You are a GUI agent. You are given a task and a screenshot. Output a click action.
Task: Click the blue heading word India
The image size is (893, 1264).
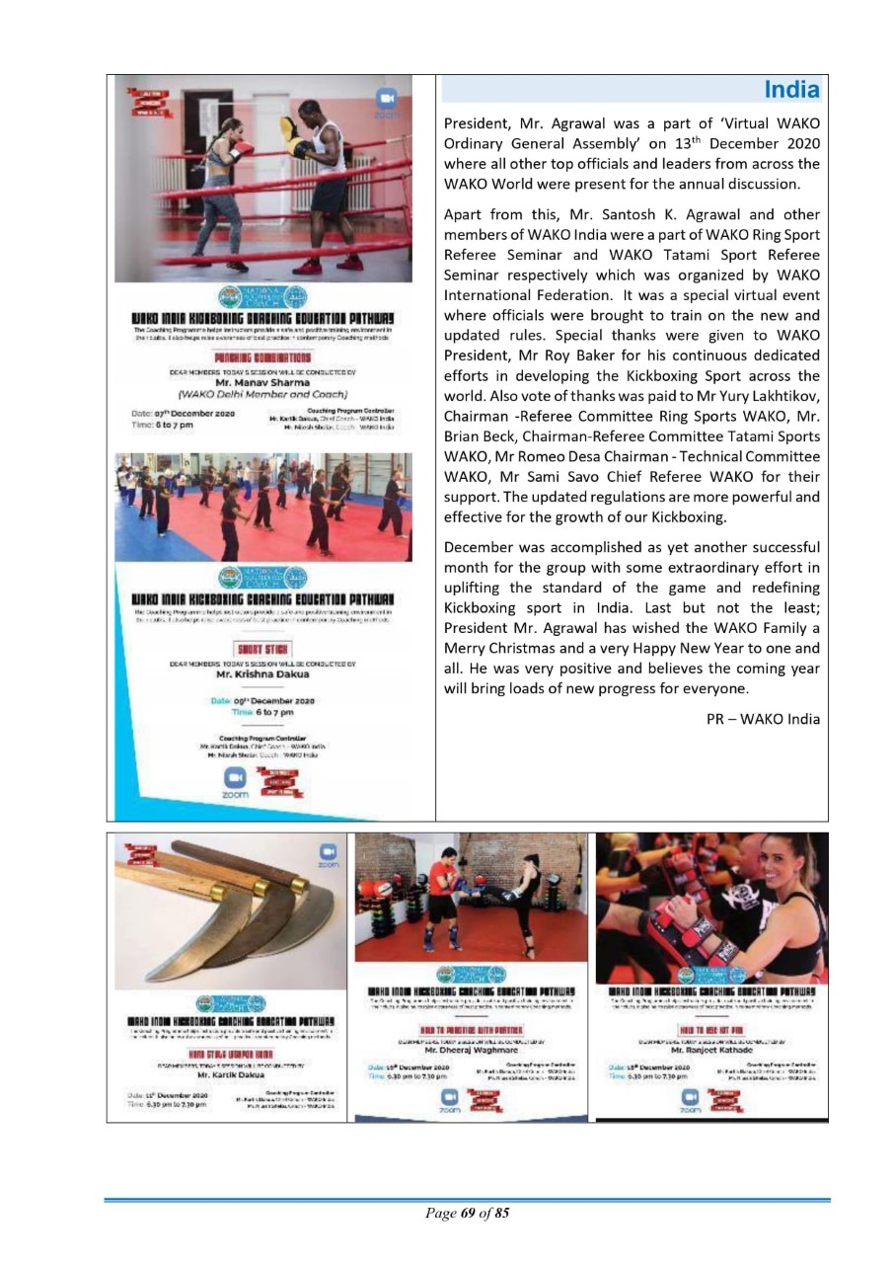coord(791,91)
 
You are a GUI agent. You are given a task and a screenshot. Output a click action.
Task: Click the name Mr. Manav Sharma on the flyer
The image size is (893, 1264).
coord(263,383)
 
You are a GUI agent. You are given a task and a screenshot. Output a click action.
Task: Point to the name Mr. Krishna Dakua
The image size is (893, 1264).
coord(262,674)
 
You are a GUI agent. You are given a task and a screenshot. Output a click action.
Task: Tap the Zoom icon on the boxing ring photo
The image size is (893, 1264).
coord(386,100)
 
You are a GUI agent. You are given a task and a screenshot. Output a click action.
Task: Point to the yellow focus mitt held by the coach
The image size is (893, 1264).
coord(290,128)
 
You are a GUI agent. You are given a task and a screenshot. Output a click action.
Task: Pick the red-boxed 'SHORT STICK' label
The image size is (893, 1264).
coord(262,648)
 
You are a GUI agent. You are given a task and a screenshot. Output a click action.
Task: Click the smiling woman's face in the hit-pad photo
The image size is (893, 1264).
coord(764,865)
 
